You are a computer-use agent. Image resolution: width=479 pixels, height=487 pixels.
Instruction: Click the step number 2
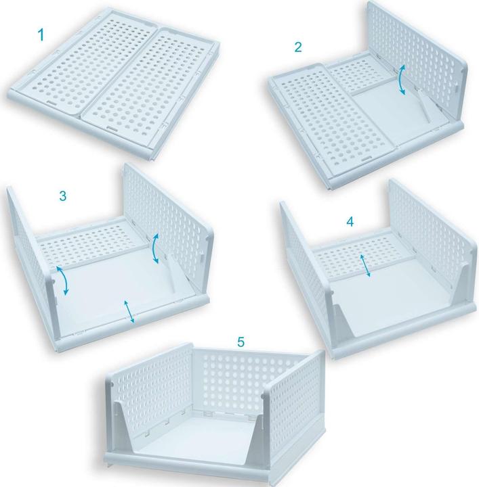pyautogui.click(x=298, y=47)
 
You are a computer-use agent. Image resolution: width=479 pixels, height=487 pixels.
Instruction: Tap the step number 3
pyautogui.click(x=62, y=196)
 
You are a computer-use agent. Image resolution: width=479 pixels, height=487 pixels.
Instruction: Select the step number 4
pyautogui.click(x=349, y=221)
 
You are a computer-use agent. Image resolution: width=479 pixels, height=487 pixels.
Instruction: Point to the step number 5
pyautogui.click(x=241, y=342)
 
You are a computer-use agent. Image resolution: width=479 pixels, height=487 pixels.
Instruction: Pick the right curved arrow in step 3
pyautogui.click(x=156, y=248)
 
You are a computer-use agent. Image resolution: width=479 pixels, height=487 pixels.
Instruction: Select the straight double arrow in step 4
pyautogui.click(x=367, y=264)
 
